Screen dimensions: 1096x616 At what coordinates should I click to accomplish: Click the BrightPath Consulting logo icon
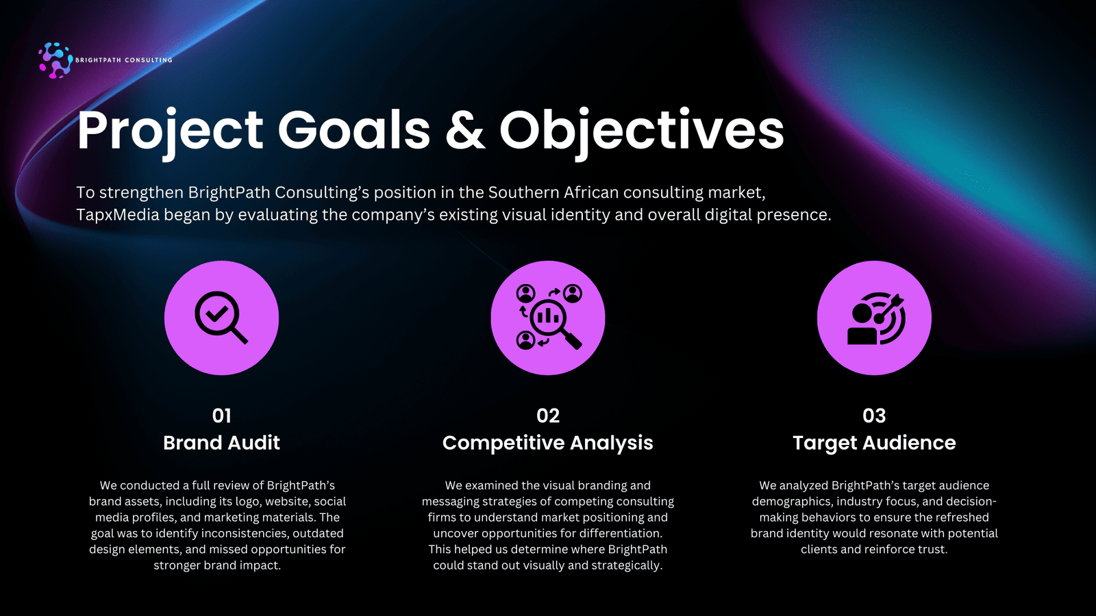coord(55,60)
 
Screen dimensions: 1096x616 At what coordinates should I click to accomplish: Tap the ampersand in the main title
coord(465,129)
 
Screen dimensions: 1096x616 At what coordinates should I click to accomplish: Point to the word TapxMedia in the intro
coord(117,215)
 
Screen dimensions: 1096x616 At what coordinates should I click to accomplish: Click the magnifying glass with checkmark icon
coord(222,318)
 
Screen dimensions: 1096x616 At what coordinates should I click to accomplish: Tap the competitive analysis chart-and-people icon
coord(549,317)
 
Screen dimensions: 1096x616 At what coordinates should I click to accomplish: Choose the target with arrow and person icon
coord(876,318)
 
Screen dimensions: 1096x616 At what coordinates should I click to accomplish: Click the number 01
coord(222,416)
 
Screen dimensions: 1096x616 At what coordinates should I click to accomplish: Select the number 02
coord(548,416)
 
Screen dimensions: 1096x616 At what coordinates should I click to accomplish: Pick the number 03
coord(874,416)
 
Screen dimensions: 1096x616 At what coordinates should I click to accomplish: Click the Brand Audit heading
coord(222,443)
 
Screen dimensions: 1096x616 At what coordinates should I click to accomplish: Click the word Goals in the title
coord(354,129)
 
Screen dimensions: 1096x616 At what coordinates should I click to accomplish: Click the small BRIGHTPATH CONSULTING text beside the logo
coord(124,60)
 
